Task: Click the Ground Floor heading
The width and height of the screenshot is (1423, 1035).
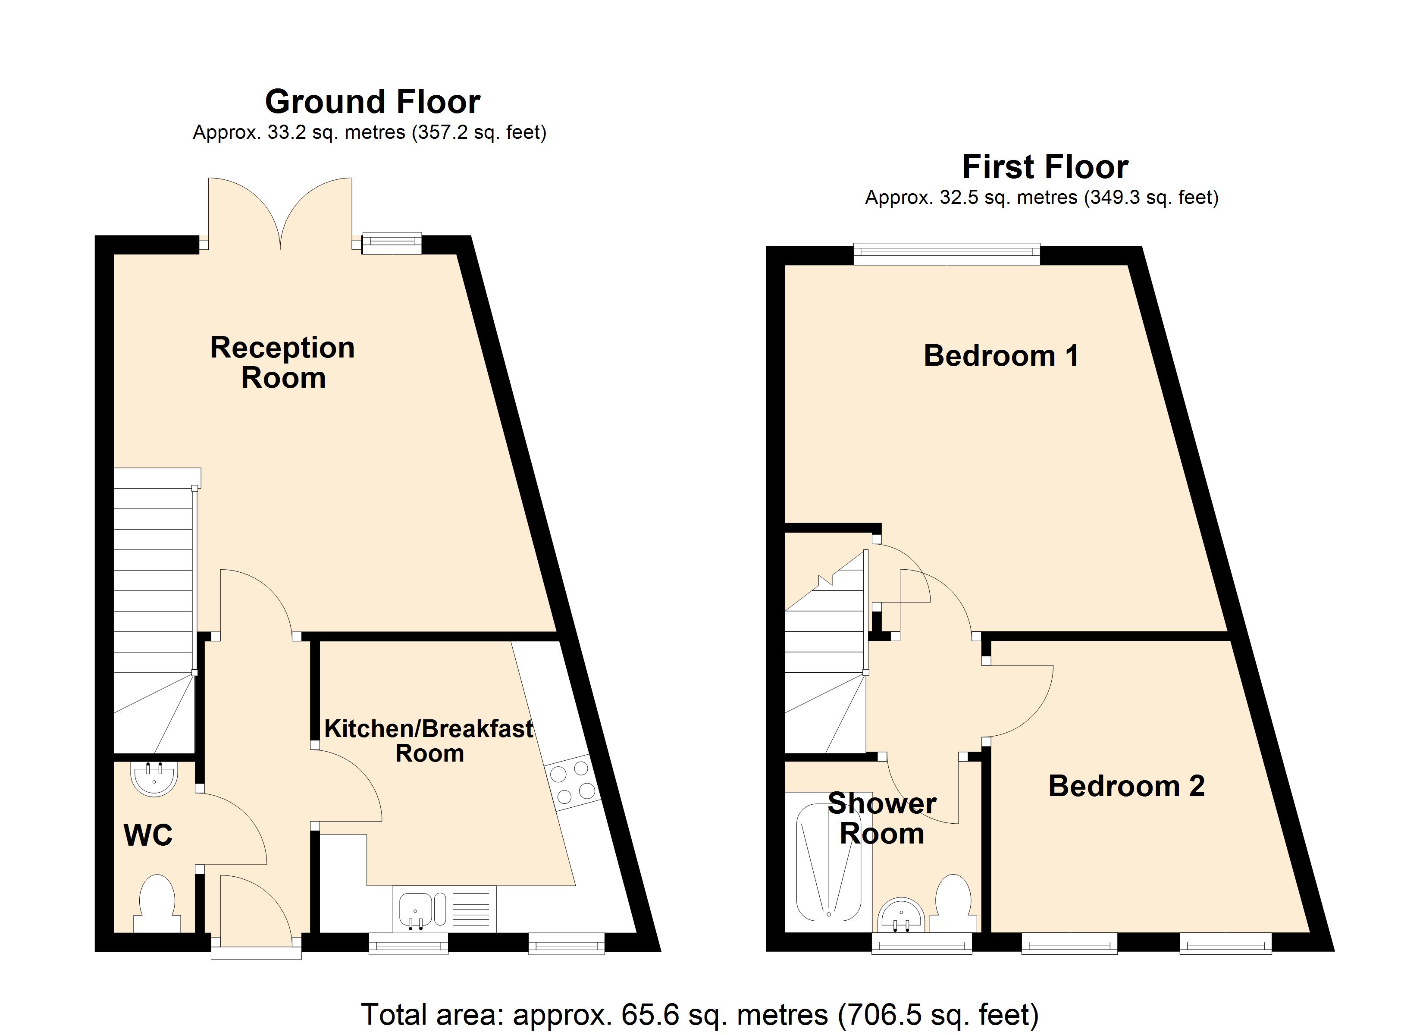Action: (x=372, y=102)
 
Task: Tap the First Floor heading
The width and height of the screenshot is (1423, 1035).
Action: (x=1045, y=167)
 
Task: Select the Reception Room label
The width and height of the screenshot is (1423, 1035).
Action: (x=282, y=363)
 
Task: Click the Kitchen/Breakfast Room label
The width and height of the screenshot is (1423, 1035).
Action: (x=429, y=740)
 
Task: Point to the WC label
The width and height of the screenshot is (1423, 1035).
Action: (x=148, y=835)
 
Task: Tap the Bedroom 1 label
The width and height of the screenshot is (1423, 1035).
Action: (x=1001, y=356)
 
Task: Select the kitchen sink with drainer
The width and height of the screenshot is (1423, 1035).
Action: (x=444, y=908)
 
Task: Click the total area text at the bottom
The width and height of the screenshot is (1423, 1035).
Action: (x=699, y=1014)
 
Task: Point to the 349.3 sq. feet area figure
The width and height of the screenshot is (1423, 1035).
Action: (x=1152, y=198)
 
